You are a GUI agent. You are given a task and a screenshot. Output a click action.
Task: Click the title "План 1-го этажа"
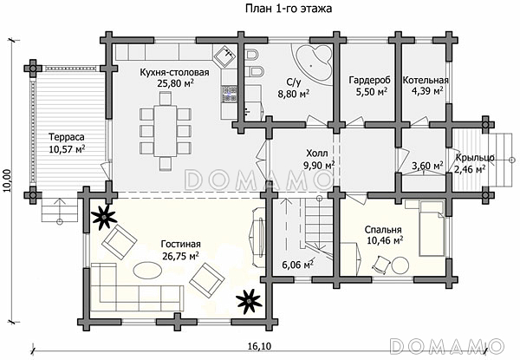(289, 9)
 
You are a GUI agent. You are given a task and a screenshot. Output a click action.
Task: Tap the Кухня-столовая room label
(174, 72)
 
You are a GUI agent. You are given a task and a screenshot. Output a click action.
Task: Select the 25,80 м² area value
(176, 83)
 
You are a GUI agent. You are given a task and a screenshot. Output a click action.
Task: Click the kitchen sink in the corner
(225, 55)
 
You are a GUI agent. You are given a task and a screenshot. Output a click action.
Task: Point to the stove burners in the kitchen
(229, 94)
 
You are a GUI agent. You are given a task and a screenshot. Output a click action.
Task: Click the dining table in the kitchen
(166, 131)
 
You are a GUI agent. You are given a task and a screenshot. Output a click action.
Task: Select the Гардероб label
(370, 81)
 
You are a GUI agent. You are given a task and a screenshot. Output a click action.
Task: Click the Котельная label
(426, 81)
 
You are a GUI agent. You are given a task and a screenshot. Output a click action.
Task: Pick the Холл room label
(317, 154)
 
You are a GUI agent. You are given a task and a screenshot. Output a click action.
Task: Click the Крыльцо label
(475, 158)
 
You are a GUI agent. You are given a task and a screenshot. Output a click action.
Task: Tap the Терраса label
(67, 137)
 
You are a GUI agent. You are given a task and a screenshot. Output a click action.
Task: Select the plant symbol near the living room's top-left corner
(104, 217)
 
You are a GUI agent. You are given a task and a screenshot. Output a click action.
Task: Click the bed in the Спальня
(432, 228)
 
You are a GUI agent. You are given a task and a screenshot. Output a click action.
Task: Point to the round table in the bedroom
(400, 265)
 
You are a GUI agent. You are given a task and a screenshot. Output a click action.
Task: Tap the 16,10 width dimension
(259, 346)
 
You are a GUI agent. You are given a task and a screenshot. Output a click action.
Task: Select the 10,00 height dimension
(8, 180)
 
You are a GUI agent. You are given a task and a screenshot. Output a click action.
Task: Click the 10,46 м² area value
(385, 240)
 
